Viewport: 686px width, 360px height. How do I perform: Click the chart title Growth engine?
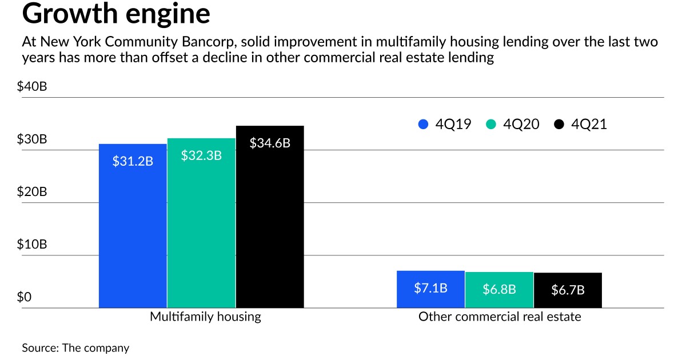point(116,14)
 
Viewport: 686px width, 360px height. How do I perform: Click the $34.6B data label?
point(270,143)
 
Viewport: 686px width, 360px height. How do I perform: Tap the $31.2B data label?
point(133,161)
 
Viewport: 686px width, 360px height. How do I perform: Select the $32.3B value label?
point(201,155)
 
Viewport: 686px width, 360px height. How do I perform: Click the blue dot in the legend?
point(424,124)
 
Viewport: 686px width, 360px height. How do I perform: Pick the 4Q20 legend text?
point(521,124)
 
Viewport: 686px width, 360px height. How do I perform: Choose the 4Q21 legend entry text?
point(589,124)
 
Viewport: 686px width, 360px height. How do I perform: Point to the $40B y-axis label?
point(34,87)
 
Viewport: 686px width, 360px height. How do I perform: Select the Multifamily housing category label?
point(205,317)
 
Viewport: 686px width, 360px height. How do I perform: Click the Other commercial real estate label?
point(500,317)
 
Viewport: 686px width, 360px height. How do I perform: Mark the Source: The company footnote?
point(75,347)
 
